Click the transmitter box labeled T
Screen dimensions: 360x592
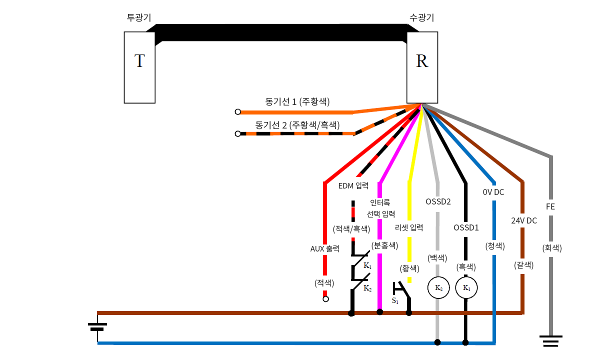pos(140,67)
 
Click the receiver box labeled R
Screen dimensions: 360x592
pos(422,67)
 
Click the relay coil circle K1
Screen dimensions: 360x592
pos(466,288)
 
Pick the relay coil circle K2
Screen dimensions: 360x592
pos(438,288)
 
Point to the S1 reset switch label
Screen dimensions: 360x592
pos(395,301)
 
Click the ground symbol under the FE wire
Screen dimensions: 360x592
pos(551,341)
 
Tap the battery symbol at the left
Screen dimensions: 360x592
pos(97,327)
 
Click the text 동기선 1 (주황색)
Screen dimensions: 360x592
pos(297,101)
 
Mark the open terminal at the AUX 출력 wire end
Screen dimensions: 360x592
pos(325,299)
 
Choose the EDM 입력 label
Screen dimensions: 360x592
pos(353,186)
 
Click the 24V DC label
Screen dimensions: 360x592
pos(524,220)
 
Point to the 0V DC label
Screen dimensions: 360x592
pos(493,191)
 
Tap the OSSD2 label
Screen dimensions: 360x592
pos(438,202)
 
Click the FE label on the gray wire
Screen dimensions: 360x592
pos(550,206)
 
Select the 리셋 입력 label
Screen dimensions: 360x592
pos(409,227)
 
